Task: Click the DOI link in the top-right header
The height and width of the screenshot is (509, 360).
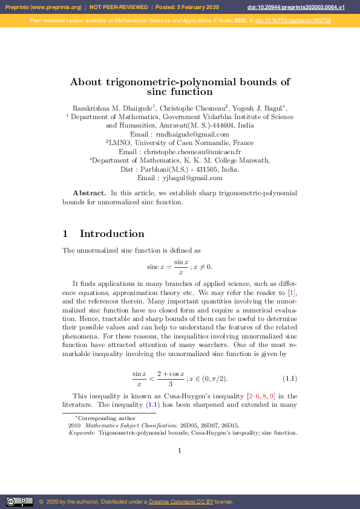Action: (x=313, y=7)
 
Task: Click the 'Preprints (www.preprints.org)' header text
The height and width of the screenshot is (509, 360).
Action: (x=43, y=7)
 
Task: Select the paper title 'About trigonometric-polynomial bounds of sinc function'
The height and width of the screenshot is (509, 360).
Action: (x=180, y=86)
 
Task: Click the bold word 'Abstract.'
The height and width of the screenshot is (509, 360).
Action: (x=90, y=193)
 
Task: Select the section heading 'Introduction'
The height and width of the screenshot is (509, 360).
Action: (x=112, y=234)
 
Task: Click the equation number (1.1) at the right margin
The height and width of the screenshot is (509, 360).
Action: (x=290, y=379)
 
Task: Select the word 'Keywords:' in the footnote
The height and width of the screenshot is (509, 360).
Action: (x=82, y=433)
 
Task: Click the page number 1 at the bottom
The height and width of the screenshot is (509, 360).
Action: (x=180, y=450)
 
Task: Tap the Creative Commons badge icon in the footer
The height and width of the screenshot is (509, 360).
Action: (x=19, y=501)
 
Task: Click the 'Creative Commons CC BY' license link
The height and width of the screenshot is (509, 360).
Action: (x=176, y=502)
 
